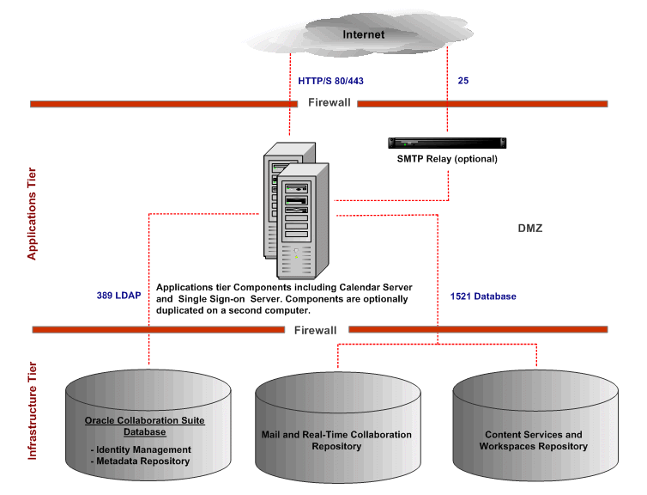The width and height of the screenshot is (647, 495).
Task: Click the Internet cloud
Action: (364, 35)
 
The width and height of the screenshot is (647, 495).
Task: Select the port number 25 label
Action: (463, 81)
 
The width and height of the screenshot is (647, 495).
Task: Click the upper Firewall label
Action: (330, 103)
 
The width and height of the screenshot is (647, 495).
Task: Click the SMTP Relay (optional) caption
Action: (446, 159)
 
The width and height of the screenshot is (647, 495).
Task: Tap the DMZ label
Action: (529, 229)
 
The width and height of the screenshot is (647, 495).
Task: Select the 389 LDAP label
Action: (118, 296)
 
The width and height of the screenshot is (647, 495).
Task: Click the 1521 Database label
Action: (483, 296)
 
